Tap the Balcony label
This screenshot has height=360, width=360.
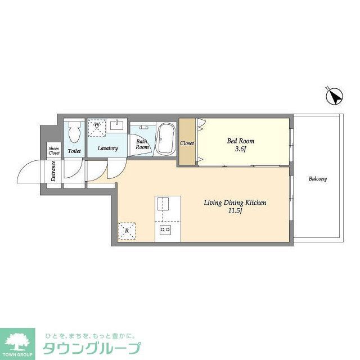click(x=317, y=179)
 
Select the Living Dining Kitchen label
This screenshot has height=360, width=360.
click(x=235, y=202)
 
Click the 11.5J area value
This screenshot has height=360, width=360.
click(x=235, y=211)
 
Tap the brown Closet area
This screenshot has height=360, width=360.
click(x=187, y=143)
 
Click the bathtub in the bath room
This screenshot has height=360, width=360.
click(x=165, y=139)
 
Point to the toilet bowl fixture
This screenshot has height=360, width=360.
click(x=74, y=134)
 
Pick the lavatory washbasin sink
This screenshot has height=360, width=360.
click(x=119, y=125)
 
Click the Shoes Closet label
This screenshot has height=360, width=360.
click(x=54, y=150)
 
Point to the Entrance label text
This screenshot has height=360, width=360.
click(x=53, y=171)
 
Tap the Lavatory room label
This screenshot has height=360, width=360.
click(x=107, y=148)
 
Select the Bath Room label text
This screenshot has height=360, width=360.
click(x=142, y=144)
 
